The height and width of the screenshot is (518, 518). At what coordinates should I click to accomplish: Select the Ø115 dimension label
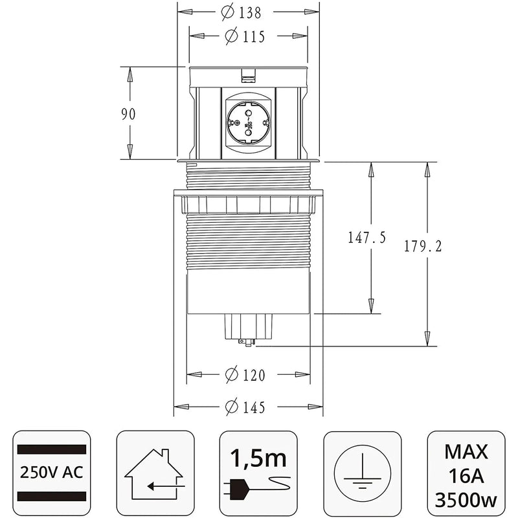tap(247, 37)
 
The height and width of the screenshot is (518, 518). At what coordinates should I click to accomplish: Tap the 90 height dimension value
tap(129, 114)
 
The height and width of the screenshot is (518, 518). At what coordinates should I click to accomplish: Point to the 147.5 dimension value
tap(366, 238)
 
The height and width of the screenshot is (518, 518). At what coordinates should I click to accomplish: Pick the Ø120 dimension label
tap(247, 375)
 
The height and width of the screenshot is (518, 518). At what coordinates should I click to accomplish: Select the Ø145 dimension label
tap(247, 407)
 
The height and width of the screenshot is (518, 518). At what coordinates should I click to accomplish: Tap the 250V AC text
tap(52, 471)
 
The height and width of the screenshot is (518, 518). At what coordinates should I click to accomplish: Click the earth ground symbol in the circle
tap(362, 471)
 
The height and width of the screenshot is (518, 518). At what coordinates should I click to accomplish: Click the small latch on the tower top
tap(247, 79)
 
